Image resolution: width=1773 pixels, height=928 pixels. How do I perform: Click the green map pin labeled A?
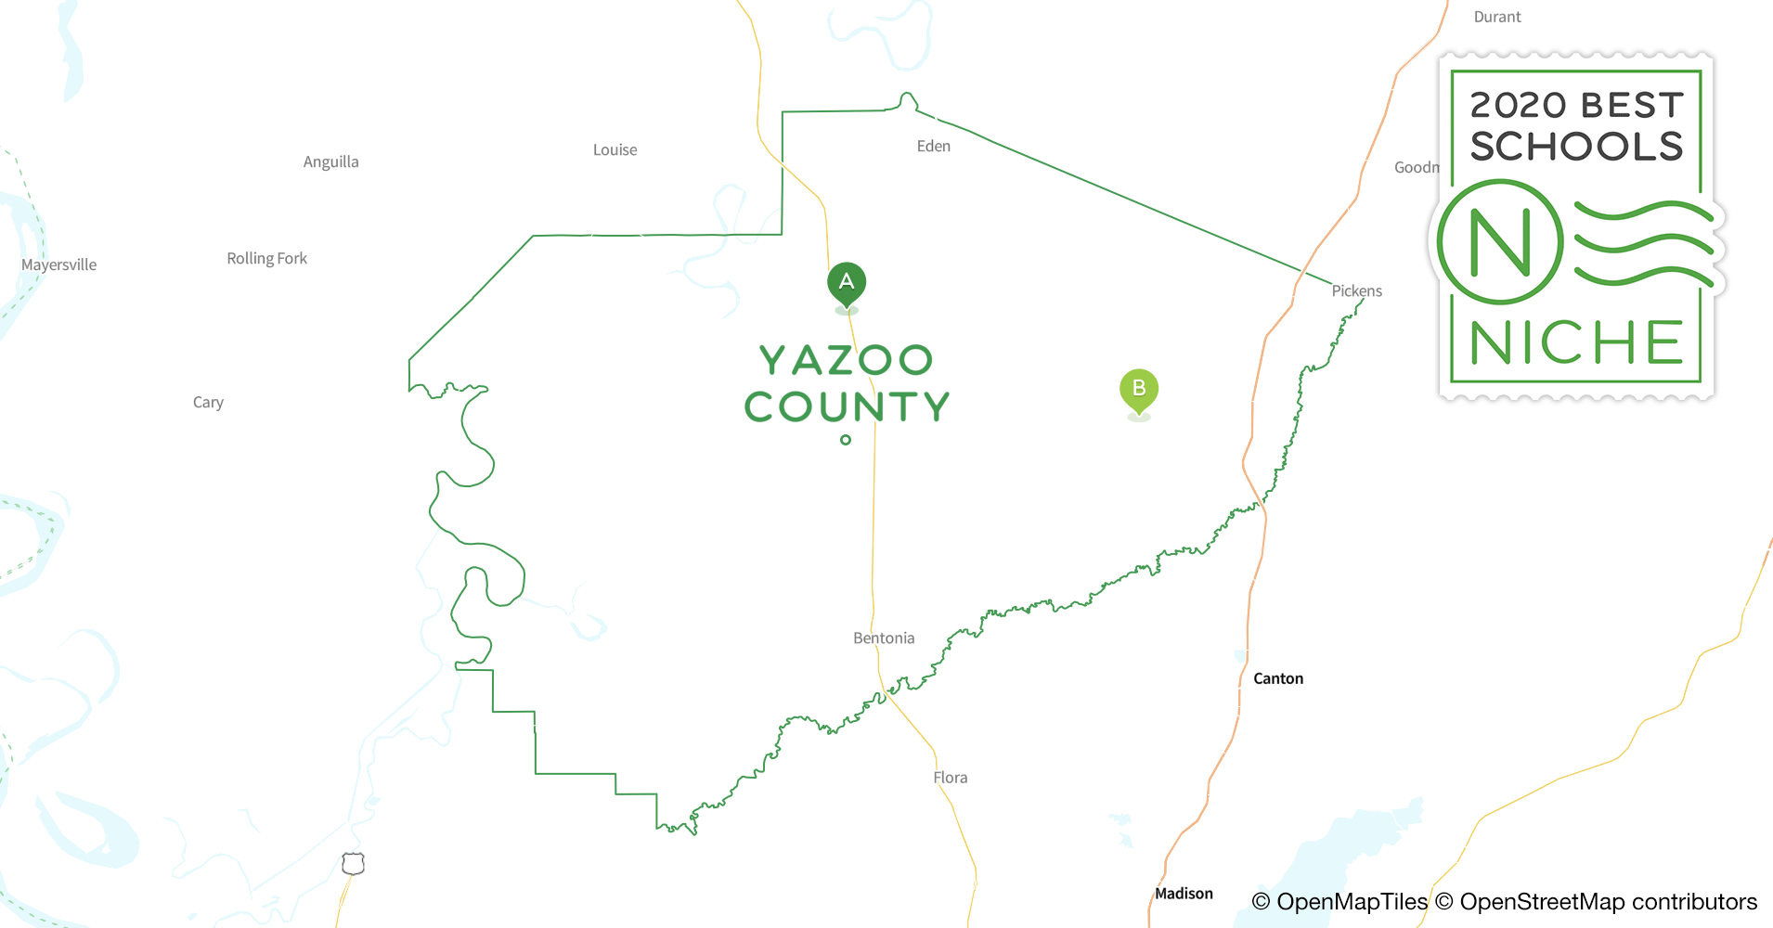[x=847, y=282]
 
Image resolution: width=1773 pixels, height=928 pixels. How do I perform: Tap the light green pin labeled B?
[x=1139, y=389]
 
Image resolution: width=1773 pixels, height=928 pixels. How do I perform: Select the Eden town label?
[x=933, y=147]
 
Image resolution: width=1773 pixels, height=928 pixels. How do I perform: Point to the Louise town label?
[x=615, y=150]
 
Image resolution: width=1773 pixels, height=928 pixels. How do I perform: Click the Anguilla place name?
[x=330, y=162]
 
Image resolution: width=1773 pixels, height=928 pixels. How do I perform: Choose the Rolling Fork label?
[x=266, y=259]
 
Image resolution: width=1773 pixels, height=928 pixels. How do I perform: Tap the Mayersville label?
[x=58, y=265]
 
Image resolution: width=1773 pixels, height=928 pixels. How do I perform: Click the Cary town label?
[x=208, y=403]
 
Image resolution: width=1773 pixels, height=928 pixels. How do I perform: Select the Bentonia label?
[x=884, y=638]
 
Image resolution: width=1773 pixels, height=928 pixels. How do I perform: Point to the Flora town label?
[x=950, y=778]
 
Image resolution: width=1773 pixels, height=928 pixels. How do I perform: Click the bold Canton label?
[x=1278, y=679]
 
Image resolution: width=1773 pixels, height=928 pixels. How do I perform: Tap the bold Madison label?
[x=1184, y=894]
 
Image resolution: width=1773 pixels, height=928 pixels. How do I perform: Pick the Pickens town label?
[x=1356, y=291]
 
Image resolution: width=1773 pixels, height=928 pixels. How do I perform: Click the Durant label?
[x=1497, y=18]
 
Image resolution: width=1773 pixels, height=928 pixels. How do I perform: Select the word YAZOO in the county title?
[x=846, y=360]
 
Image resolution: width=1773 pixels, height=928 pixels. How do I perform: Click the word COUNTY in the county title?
[x=847, y=406]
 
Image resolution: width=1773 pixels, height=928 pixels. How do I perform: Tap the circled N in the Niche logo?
[x=1500, y=242]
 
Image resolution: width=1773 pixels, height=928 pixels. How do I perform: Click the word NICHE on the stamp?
[x=1576, y=343]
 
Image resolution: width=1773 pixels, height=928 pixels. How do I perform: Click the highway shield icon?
[x=353, y=864]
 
